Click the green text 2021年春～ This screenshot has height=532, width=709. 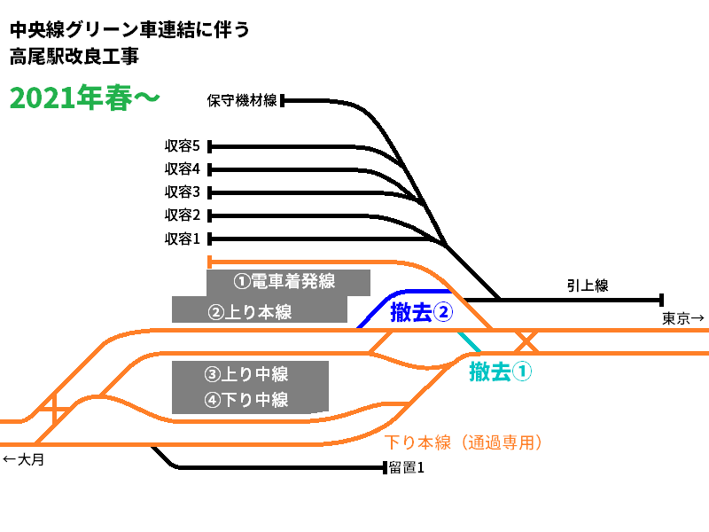(x=85, y=98)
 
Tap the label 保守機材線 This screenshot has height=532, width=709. (x=242, y=100)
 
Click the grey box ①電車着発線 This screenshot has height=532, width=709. (x=287, y=282)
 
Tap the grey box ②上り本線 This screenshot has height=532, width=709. (x=258, y=310)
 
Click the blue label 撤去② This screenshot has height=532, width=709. (x=422, y=312)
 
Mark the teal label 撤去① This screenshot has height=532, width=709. (x=501, y=372)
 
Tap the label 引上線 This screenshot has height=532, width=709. (x=588, y=286)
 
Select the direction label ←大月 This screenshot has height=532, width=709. (x=24, y=459)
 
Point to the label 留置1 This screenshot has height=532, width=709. (x=407, y=467)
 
